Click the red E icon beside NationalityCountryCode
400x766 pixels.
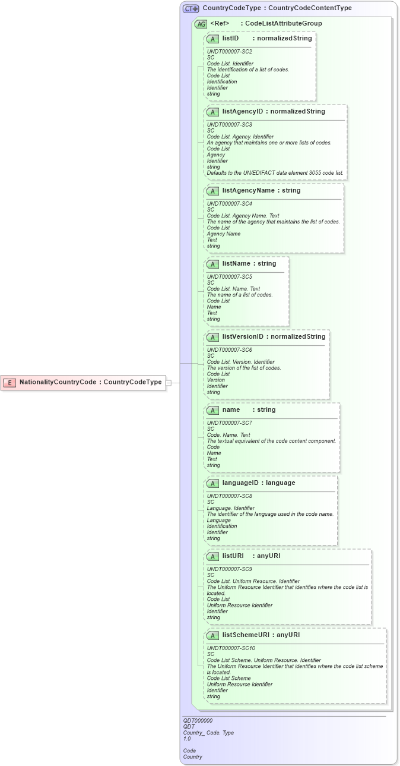point(9,382)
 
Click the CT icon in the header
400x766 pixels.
point(191,8)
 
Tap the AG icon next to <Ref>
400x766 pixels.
point(201,24)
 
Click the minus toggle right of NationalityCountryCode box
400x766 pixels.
point(169,383)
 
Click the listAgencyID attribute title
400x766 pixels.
point(243,111)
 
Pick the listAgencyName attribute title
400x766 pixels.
point(245,190)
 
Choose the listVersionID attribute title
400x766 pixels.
point(243,336)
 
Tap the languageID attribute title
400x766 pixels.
point(242,483)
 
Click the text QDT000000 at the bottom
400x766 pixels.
point(198,721)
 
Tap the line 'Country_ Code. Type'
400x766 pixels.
point(208,733)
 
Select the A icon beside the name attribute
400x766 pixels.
point(212,410)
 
